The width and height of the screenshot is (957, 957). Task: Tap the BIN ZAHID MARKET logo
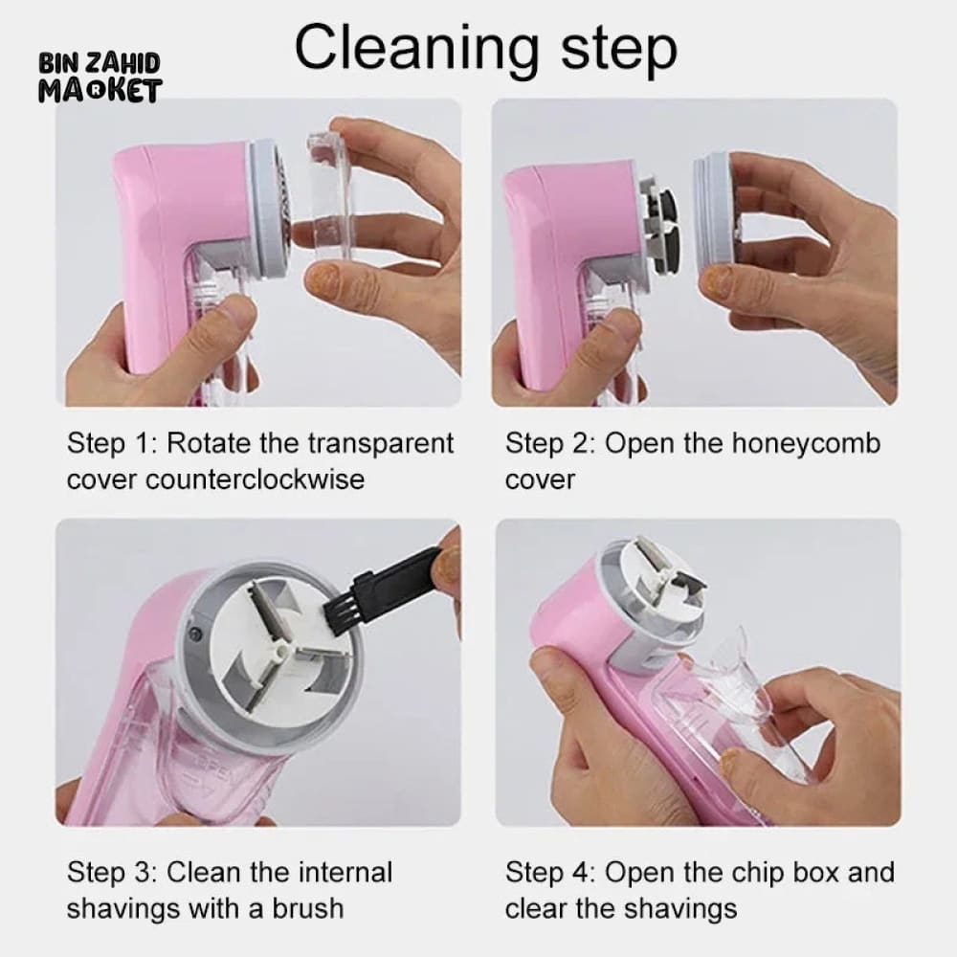tap(100, 78)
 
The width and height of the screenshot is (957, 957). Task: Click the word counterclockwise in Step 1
tap(255, 478)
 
